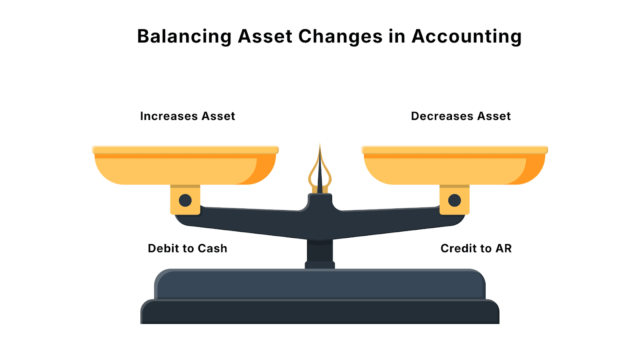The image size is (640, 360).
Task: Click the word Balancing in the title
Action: [184, 36]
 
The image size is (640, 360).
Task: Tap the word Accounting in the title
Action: [466, 36]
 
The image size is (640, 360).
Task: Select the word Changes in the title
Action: [340, 36]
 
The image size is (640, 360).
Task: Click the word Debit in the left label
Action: [162, 248]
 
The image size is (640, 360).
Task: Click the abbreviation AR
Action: [504, 248]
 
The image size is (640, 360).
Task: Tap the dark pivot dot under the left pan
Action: [185, 200]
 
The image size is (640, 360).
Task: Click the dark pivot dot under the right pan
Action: [454, 200]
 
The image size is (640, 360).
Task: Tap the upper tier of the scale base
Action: [320, 285]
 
